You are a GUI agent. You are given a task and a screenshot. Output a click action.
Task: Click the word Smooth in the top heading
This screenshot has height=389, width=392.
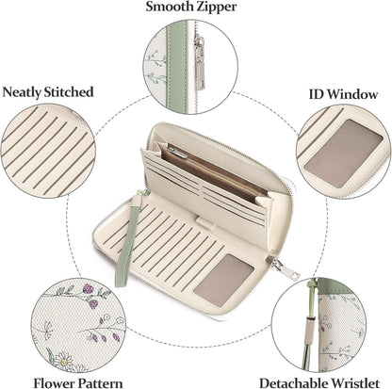point(168,7)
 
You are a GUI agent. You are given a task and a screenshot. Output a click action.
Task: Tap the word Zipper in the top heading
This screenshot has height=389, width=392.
point(215,8)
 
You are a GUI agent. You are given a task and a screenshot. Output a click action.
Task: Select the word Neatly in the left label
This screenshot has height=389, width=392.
point(22,92)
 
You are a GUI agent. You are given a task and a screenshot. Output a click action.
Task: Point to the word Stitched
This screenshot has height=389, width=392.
point(69,91)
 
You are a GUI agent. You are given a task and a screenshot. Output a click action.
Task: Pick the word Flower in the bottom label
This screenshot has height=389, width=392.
point(54,383)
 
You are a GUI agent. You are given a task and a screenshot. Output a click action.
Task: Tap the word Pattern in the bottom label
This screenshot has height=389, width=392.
point(100,383)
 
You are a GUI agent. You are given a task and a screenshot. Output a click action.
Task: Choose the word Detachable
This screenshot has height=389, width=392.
point(294,383)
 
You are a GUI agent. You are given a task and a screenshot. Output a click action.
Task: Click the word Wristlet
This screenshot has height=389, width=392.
point(355,383)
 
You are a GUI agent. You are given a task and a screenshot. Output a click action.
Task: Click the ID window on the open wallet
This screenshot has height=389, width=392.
point(223,280)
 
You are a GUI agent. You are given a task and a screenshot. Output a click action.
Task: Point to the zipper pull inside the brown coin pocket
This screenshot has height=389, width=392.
point(177,153)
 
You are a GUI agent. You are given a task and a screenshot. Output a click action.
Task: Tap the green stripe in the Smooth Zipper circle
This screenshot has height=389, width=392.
point(177,68)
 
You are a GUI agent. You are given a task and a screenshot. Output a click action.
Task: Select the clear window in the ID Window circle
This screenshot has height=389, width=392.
point(344,154)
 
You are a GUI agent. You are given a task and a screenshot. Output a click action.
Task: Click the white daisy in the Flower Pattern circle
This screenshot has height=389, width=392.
point(64,360)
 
